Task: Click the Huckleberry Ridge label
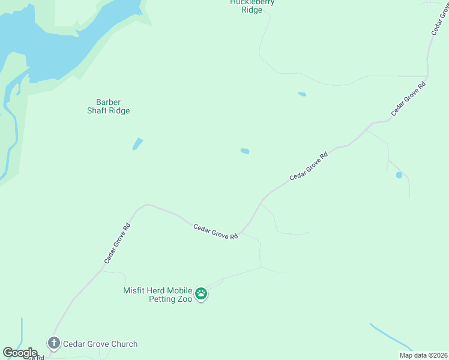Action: (252, 6)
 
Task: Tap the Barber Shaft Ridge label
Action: (109, 106)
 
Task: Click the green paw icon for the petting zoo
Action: (201, 294)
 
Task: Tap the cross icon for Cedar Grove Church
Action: (53, 343)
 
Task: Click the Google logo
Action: (20, 353)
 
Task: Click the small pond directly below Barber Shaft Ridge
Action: (137, 144)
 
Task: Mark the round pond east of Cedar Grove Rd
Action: (399, 175)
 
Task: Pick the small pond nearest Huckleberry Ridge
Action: (302, 94)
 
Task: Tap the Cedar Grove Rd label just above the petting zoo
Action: (215, 232)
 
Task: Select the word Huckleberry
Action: (252, 2)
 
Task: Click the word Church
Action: (123, 344)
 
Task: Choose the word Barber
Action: (109, 102)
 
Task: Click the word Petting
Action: (162, 298)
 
